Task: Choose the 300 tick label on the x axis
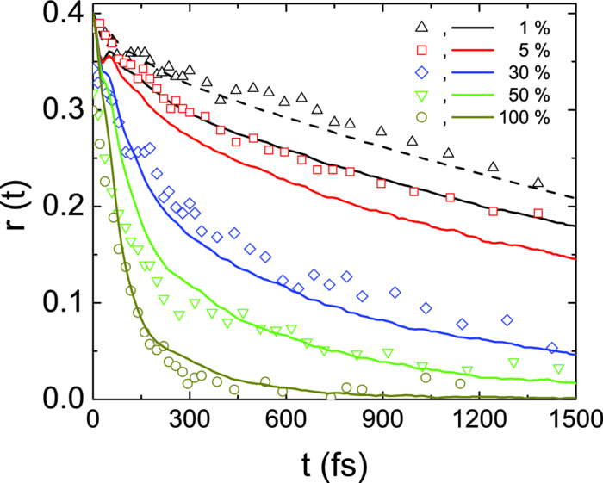189,421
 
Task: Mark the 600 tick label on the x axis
285,421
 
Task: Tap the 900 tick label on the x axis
382,421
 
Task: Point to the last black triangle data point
538,183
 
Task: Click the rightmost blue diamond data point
552,348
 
